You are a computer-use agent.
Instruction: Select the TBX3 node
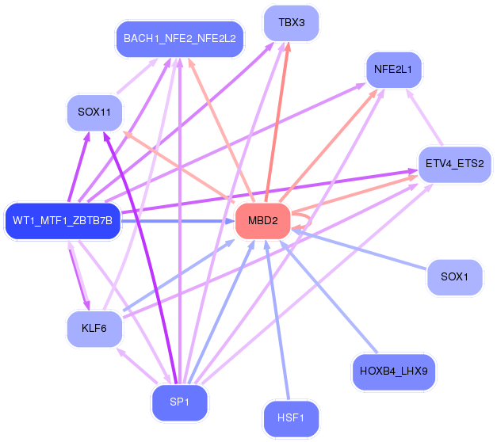pos(291,22)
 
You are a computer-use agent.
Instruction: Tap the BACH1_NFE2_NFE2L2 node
pos(179,37)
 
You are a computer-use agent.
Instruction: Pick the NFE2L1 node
pos(393,70)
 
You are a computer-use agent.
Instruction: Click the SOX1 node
pos(454,277)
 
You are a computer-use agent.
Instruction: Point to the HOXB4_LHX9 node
pos(393,370)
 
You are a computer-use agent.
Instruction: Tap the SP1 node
pos(179,402)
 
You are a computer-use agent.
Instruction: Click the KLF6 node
pos(94,328)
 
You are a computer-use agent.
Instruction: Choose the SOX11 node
pos(94,112)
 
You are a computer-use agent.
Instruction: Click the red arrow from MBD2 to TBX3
pos(278,119)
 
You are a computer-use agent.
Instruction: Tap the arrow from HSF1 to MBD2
pos(279,325)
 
